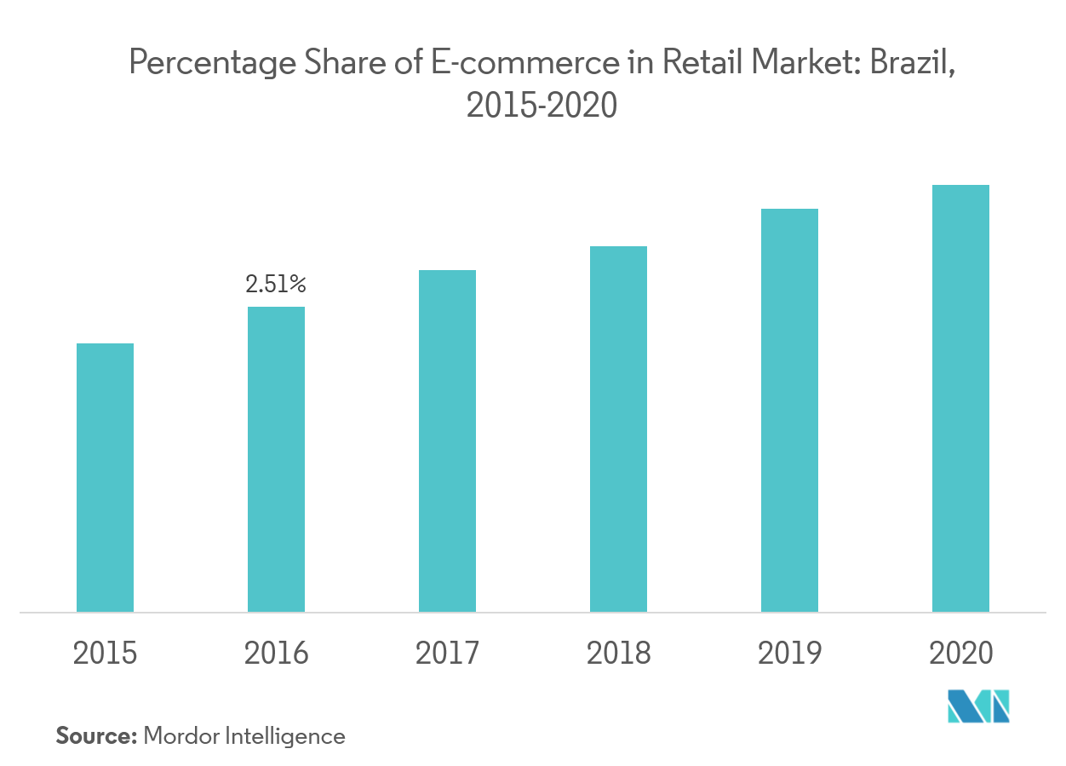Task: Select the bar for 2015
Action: (x=105, y=477)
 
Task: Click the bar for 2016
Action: (x=276, y=459)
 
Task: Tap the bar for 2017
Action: (x=447, y=441)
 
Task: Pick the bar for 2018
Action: (x=618, y=429)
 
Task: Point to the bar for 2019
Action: (x=789, y=410)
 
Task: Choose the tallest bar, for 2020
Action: (x=960, y=398)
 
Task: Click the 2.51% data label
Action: (x=276, y=285)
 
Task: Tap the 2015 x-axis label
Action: (x=105, y=654)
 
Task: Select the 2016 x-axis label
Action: (x=276, y=654)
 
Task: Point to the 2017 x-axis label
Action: (x=447, y=654)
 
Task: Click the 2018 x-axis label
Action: (x=618, y=654)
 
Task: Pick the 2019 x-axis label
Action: (x=789, y=654)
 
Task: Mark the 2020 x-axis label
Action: (x=960, y=654)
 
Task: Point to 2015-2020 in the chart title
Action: (x=541, y=106)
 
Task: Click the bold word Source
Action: (x=96, y=736)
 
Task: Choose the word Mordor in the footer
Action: (x=181, y=736)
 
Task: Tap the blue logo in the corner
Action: (x=978, y=706)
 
